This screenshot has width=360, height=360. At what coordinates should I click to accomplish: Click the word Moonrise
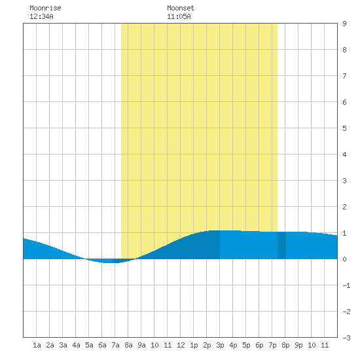click(x=45, y=8)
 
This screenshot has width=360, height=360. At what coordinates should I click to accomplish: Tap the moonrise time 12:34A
click(x=41, y=16)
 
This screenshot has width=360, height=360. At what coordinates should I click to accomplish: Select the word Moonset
click(x=181, y=8)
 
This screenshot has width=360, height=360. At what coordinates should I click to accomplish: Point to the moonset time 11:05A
click(x=179, y=16)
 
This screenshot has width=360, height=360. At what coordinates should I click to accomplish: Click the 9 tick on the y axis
click(x=344, y=24)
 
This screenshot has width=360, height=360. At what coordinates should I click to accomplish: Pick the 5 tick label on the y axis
click(x=344, y=128)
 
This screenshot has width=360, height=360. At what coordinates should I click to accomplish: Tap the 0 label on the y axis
click(x=344, y=259)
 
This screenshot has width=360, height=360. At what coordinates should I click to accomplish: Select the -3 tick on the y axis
click(x=346, y=338)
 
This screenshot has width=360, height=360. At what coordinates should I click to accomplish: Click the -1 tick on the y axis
click(x=346, y=285)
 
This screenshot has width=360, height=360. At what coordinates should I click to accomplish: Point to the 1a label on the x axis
click(x=37, y=345)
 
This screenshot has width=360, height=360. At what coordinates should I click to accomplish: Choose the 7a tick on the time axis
click(x=115, y=345)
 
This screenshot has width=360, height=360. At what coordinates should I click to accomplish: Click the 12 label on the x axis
click(x=181, y=345)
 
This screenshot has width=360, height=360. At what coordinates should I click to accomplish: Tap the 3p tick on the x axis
click(x=220, y=345)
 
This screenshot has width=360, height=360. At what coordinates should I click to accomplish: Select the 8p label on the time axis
click(x=285, y=345)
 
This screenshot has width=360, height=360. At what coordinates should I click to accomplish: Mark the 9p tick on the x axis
click(x=298, y=345)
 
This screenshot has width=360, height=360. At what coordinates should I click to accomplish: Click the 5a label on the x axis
click(x=89, y=345)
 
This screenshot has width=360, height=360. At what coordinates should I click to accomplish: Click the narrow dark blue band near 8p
click(x=281, y=245)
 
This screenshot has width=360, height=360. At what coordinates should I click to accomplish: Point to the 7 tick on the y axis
click(x=344, y=76)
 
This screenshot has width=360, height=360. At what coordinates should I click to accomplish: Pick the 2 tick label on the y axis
click(x=344, y=207)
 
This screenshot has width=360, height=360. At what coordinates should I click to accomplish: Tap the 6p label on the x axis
click(x=259, y=345)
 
